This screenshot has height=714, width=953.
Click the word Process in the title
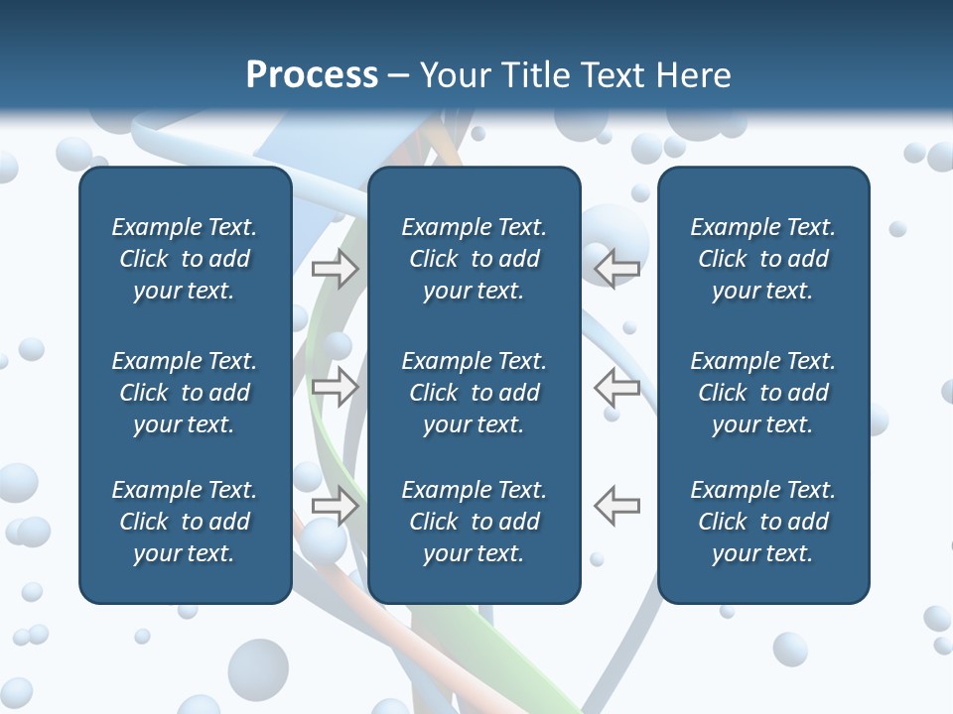[x=312, y=75]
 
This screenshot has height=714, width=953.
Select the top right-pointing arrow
[x=336, y=269]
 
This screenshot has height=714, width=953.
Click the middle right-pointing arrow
[x=336, y=387]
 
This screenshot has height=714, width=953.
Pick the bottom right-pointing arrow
[x=336, y=506]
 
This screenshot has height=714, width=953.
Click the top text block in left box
[x=185, y=259]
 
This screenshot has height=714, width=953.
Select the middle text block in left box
[x=185, y=393]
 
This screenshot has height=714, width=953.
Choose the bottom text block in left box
[x=185, y=522]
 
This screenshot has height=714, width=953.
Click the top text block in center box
[x=474, y=259]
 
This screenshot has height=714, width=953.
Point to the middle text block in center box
[x=474, y=393]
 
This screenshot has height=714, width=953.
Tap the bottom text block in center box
[x=474, y=522]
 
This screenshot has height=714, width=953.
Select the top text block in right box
[x=763, y=259]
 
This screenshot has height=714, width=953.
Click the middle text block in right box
[x=763, y=393]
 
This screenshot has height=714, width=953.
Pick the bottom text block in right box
[x=763, y=522]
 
